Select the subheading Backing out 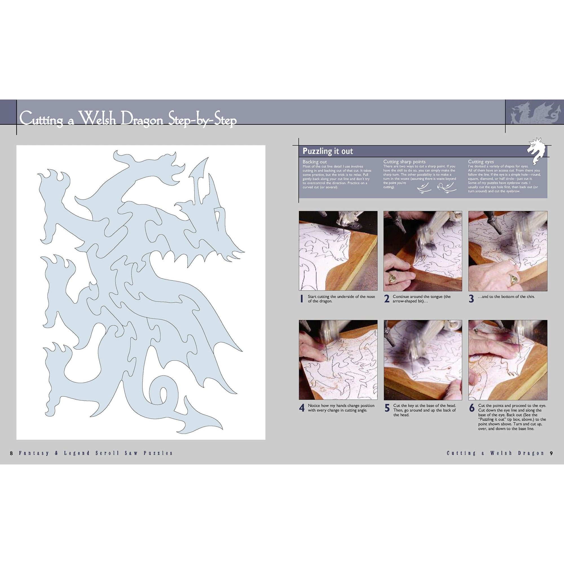tap(314, 162)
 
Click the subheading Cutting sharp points tap(404, 162)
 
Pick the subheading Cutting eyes tap(481, 162)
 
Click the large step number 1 tap(302, 299)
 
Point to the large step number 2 tap(387, 299)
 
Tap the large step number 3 tap(471, 299)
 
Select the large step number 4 tap(302, 408)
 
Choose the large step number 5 tap(387, 408)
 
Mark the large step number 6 tap(472, 408)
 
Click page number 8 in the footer tap(12, 453)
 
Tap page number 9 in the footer tap(551, 453)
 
